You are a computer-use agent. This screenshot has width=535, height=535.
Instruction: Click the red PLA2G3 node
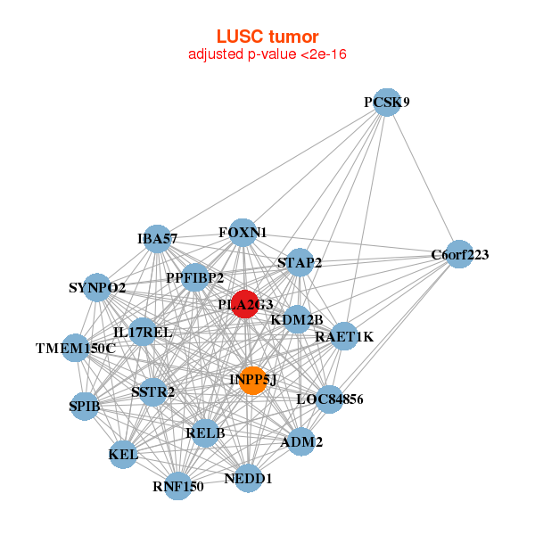[x=245, y=304]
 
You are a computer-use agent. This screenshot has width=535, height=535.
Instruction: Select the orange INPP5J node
[x=253, y=381]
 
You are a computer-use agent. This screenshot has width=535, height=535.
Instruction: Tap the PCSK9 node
[x=386, y=103]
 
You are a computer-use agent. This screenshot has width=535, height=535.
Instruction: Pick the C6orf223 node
[x=458, y=254]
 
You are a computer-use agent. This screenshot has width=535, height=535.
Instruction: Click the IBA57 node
[x=157, y=238]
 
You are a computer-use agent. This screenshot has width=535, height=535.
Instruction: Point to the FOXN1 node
[x=243, y=233]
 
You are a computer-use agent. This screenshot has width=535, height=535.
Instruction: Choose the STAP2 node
[x=300, y=262]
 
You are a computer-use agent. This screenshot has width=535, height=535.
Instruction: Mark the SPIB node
[x=85, y=407]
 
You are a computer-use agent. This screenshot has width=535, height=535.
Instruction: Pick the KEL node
[x=123, y=455]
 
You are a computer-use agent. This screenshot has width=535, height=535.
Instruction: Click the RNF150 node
[x=178, y=486]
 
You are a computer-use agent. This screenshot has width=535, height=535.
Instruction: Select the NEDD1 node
[x=249, y=478]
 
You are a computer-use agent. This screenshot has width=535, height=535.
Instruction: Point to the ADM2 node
[x=300, y=441]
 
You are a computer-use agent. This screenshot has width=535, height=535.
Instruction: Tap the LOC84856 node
[x=330, y=399]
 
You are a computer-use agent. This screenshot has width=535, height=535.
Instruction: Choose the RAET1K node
[x=344, y=337]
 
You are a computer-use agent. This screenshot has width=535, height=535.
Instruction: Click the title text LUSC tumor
[x=267, y=37]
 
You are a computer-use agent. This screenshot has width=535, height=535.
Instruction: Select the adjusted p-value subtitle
[x=267, y=54]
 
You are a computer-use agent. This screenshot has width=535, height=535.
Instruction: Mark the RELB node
[x=205, y=433]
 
